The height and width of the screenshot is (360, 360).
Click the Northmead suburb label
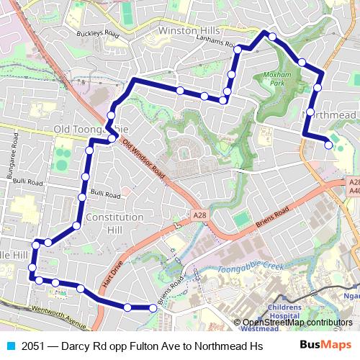pos(332,114)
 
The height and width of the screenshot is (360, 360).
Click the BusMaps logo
pos(325,346)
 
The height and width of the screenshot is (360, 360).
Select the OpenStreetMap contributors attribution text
pos(297,323)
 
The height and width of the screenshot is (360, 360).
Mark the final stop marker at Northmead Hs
pos(329,145)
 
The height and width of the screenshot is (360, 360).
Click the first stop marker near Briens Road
pos(153,307)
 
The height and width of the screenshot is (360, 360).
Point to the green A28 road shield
pos(199,215)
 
